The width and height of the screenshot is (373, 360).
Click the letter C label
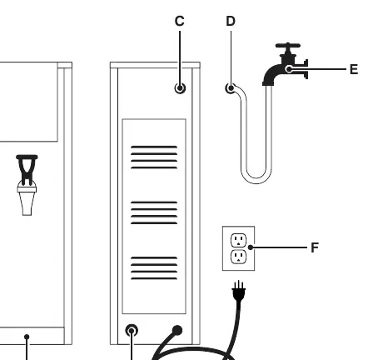[x=180, y=21]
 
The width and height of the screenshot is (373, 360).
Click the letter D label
[x=231, y=21]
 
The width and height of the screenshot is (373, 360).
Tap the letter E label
[x=354, y=69]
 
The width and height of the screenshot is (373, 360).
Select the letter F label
[x=315, y=247]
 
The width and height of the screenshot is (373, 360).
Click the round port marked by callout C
[x=180, y=88]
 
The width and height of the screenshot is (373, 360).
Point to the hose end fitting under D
[x=231, y=88]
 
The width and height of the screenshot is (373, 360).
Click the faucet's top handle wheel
[x=288, y=46]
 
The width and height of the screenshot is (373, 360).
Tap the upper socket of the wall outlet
[x=238, y=240]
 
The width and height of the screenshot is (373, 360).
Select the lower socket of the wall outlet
[x=238, y=257]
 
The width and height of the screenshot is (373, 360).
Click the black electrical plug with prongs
[x=239, y=291]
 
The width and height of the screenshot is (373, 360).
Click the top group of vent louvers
[x=154, y=157]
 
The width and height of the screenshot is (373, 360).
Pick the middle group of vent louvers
[x=154, y=212]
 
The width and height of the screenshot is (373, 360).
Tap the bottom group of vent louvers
[x=154, y=268]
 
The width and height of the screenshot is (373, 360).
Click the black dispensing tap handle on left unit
[x=27, y=170]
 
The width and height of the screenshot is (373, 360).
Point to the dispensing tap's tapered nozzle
[x=27, y=203]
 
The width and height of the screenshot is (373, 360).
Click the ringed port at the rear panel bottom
[x=132, y=331]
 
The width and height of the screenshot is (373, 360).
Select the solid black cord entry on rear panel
[x=177, y=330]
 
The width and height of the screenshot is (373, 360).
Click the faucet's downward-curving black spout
[x=272, y=74]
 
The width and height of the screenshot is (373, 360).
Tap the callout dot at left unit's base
[x=27, y=337]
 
